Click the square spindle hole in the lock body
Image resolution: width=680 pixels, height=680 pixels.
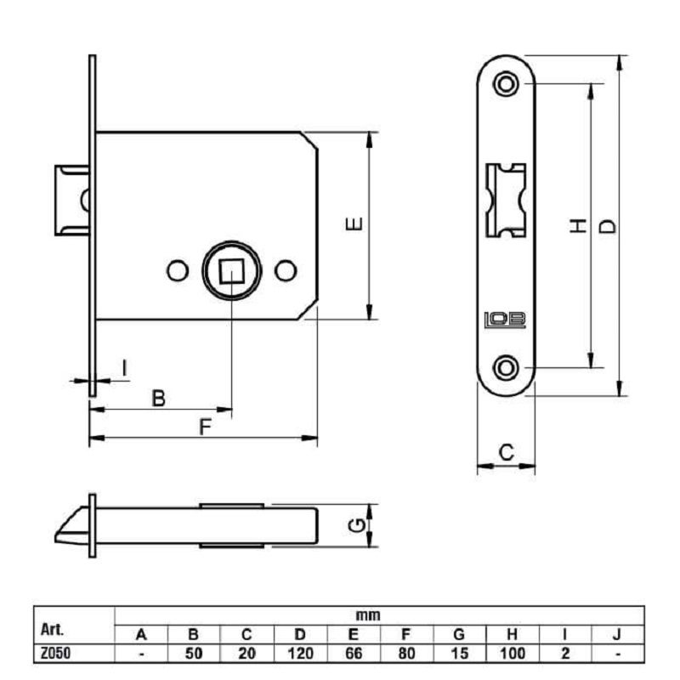[x=231, y=271]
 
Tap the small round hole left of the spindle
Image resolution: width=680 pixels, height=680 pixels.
[x=178, y=270]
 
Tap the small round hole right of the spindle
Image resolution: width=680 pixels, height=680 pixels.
[x=286, y=270]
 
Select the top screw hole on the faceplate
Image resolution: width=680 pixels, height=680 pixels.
[x=506, y=83]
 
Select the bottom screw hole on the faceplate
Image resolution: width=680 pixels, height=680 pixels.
[x=506, y=368]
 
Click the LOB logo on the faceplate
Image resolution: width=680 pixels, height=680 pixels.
[x=505, y=320]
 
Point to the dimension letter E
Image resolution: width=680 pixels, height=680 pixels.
[x=354, y=224]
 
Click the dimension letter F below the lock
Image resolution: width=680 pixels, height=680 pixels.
[x=205, y=427]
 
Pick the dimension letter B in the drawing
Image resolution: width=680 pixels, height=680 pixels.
[x=159, y=398]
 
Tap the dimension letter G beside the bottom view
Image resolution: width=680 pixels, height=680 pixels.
[x=356, y=526]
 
